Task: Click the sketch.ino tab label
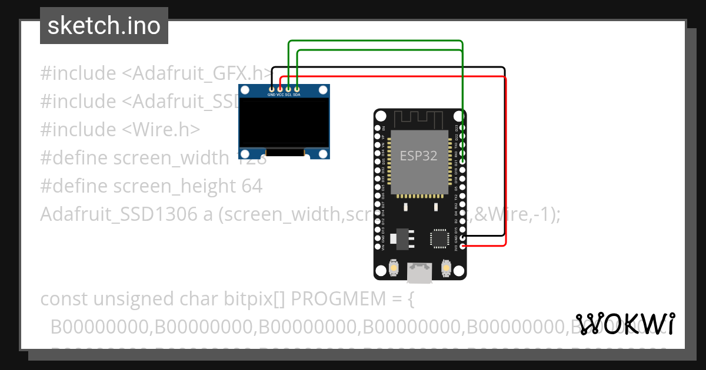point(104,26)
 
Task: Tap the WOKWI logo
point(625,324)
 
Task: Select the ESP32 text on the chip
point(419,156)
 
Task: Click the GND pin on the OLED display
point(271,89)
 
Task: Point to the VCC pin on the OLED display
point(280,89)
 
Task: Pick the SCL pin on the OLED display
point(288,89)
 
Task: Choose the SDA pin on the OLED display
point(297,89)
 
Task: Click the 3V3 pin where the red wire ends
point(463,246)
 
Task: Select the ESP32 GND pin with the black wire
point(463,237)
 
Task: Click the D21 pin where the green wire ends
point(463,161)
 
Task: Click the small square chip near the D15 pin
point(439,238)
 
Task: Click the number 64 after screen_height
point(252,186)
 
